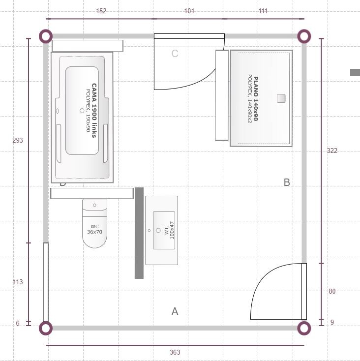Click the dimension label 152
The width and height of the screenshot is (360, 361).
coord(101,11)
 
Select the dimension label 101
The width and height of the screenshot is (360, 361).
coord(189,11)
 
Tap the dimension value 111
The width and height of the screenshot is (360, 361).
coord(263,11)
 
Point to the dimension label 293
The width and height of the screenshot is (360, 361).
coord(18,140)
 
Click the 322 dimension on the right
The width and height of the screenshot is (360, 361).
coord(332,150)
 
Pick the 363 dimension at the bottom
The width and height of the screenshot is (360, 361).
coord(175,352)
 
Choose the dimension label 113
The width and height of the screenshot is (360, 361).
coord(18,282)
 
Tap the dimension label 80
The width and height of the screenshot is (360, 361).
coord(332,291)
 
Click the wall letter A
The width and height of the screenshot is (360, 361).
coord(175,311)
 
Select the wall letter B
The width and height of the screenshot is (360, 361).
coord(287,182)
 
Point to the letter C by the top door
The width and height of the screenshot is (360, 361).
coord(175,54)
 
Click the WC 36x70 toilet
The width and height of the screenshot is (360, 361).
coord(94,224)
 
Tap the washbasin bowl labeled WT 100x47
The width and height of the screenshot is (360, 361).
coord(164,230)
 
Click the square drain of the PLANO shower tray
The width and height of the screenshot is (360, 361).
coord(281,98)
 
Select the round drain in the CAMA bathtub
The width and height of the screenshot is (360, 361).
coord(82,111)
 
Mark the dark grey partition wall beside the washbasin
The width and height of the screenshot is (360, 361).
coord(139,233)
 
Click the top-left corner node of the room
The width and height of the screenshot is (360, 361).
coord(46,36)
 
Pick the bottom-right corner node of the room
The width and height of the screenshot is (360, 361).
coord(304,328)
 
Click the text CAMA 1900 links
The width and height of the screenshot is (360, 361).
coord(94,111)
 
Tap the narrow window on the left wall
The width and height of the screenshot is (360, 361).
coord(46,282)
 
